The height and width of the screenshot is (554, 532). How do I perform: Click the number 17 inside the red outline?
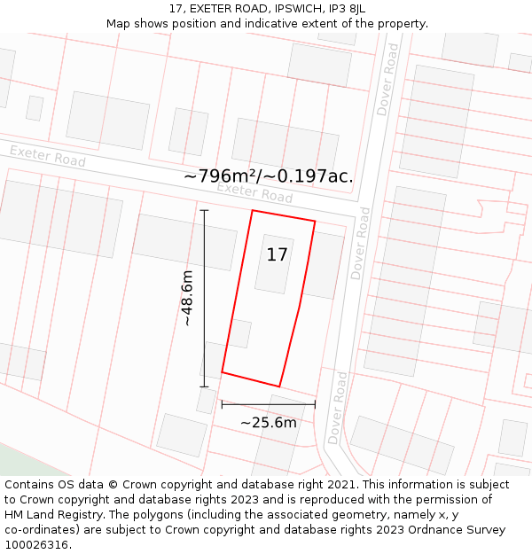(x=277, y=255)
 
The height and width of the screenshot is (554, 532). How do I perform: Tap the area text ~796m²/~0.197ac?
(x=268, y=176)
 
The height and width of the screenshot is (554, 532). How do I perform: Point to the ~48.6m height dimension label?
(x=187, y=299)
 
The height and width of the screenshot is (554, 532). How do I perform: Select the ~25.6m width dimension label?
(x=268, y=423)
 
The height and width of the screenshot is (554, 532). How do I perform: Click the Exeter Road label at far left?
(x=48, y=157)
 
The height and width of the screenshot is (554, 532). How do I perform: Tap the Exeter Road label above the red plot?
(x=254, y=191)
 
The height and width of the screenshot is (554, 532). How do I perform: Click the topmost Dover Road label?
(x=387, y=79)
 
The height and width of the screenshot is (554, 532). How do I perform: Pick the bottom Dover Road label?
(x=338, y=408)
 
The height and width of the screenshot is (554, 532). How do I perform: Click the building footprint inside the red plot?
(x=274, y=263)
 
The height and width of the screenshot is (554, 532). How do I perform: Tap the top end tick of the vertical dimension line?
(x=204, y=210)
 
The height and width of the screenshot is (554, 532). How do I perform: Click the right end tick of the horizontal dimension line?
(x=315, y=404)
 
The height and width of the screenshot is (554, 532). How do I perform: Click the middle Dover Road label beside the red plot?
(x=360, y=244)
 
